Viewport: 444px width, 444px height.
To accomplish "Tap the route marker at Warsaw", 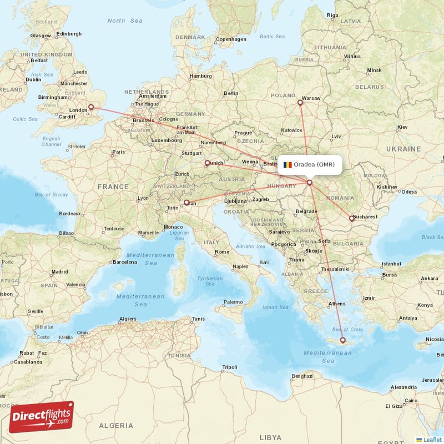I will tap(300, 102).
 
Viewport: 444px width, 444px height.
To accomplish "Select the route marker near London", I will tap(92, 108).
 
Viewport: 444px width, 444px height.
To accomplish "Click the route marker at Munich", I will tap(208, 163).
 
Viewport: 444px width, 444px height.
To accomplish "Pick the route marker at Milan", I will tap(186, 203).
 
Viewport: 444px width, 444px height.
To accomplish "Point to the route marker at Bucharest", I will tap(351, 218).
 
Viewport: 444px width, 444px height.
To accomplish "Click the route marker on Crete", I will tap(342, 340).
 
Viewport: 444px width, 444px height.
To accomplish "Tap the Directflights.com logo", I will tap(42, 417).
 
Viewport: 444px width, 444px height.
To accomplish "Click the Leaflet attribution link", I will tap(432, 439).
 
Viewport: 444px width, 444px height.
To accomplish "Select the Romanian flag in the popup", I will tap(287, 165).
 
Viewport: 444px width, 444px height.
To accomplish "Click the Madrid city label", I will tap(59, 272).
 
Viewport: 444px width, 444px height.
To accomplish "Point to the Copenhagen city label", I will tap(231, 39).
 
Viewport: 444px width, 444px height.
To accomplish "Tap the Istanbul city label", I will tap(391, 264).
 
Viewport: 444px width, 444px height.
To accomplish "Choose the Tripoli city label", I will tap(229, 367).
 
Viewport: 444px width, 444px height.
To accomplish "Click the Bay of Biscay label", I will tap(51, 194).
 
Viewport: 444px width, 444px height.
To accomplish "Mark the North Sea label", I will tap(125, 21).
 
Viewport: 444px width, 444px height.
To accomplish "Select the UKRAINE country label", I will tap(403, 149).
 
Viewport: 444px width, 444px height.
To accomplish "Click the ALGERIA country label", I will tap(115, 425).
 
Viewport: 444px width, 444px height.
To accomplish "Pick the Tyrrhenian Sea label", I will tap(210, 281).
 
